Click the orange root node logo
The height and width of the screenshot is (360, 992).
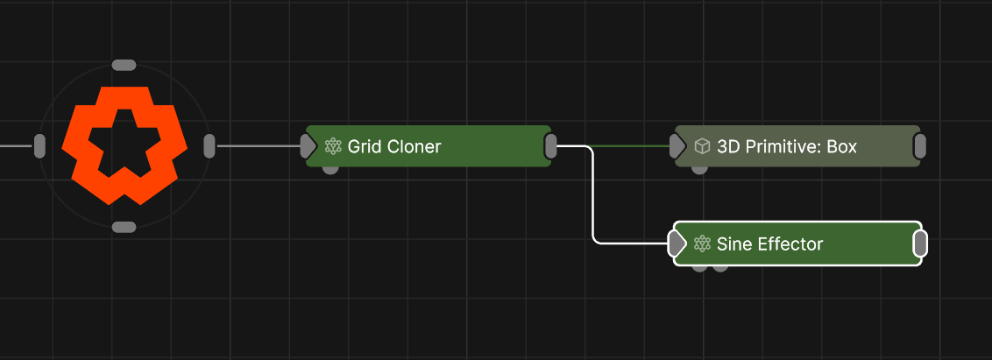tap(124, 145)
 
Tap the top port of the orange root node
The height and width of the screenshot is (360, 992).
tap(124, 65)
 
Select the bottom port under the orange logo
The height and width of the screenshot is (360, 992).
tap(124, 227)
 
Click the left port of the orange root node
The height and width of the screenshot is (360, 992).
tap(39, 146)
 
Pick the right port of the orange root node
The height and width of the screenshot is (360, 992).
tap(209, 146)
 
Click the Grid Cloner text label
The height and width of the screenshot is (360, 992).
tap(394, 146)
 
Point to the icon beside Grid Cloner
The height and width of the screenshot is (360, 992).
tap(333, 146)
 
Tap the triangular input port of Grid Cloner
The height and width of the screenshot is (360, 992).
tap(308, 146)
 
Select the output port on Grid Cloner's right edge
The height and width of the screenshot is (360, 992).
tap(550, 146)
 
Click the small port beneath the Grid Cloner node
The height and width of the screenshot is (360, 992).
tap(330, 169)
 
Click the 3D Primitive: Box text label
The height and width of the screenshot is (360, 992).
tap(786, 146)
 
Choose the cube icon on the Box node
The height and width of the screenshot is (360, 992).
tap(702, 146)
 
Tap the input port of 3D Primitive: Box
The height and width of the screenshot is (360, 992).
tap(677, 146)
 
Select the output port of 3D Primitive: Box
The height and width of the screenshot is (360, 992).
tap(919, 146)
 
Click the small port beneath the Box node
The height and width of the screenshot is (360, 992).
tap(699, 169)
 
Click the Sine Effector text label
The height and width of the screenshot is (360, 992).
tap(769, 244)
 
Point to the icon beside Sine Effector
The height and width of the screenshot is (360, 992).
tap(701, 244)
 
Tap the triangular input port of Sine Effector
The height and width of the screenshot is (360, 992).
tap(677, 244)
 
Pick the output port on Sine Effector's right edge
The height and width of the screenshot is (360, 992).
tap(920, 244)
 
